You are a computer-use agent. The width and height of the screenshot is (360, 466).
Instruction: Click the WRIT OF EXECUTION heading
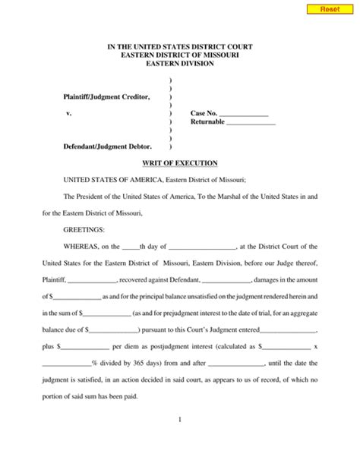(180, 163)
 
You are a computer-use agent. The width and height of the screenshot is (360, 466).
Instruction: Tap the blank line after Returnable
(251, 122)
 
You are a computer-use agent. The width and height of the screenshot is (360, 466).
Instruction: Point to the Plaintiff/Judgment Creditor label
(106, 96)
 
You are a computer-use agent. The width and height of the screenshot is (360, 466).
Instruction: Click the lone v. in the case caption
(70, 113)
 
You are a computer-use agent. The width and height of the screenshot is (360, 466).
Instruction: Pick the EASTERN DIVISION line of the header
(180, 64)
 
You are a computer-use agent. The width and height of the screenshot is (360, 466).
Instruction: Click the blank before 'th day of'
(131, 247)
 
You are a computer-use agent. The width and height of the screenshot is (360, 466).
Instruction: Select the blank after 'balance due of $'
(115, 329)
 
